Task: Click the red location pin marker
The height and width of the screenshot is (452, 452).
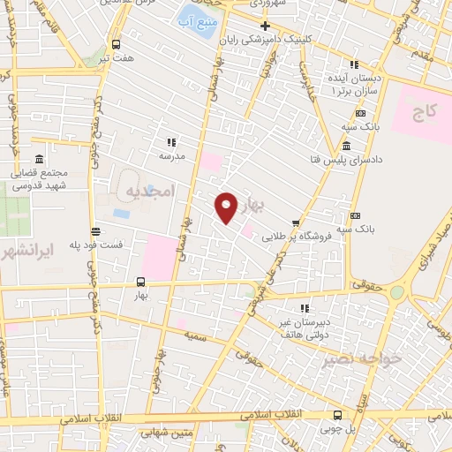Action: (x=226, y=206)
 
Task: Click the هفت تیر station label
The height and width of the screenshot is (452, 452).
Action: (x=117, y=57)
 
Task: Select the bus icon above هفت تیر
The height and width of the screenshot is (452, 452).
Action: (x=117, y=44)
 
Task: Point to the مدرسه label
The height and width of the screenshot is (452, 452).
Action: (x=171, y=155)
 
